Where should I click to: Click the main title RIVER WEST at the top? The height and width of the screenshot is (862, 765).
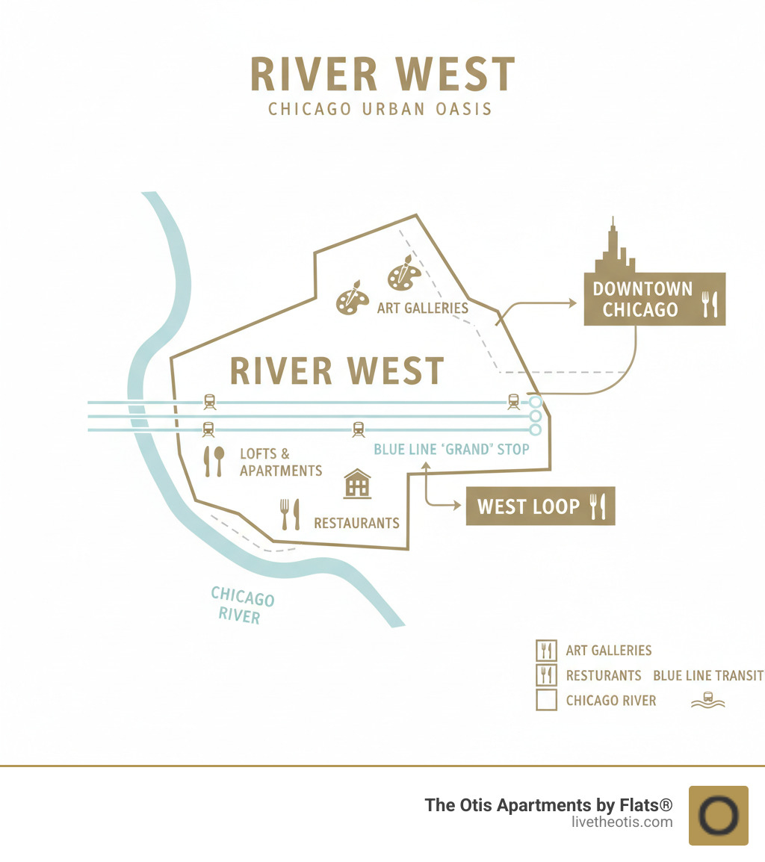pyautogui.click(x=382, y=75)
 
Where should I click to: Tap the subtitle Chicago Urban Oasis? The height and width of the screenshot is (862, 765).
pyautogui.click(x=380, y=109)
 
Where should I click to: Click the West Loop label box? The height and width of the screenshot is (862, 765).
pyautogui.click(x=540, y=506)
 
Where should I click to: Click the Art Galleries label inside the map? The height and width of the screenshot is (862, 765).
pyautogui.click(x=422, y=308)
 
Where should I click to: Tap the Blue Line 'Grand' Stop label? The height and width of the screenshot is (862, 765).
pyautogui.click(x=451, y=449)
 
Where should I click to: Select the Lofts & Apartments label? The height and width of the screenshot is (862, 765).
pyautogui.click(x=281, y=462)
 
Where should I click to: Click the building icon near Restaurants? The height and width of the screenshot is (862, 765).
pyautogui.click(x=357, y=483)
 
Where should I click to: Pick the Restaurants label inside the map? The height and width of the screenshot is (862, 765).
pyautogui.click(x=356, y=523)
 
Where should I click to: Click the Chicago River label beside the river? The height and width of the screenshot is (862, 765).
pyautogui.click(x=241, y=606)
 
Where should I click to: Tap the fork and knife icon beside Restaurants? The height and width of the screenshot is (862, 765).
pyautogui.click(x=289, y=514)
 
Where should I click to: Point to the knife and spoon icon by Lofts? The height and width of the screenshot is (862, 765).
pyautogui.click(x=213, y=462)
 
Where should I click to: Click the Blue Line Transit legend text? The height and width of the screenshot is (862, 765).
pyautogui.click(x=708, y=675)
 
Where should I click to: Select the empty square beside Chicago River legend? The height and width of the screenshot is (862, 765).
pyautogui.click(x=547, y=700)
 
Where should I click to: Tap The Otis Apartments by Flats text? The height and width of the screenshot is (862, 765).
pyautogui.click(x=548, y=805)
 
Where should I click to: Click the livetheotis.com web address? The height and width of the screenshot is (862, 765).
pyautogui.click(x=620, y=822)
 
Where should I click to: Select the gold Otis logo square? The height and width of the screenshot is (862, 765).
pyautogui.click(x=718, y=815)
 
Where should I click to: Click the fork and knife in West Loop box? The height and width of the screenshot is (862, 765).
pyautogui.click(x=598, y=506)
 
